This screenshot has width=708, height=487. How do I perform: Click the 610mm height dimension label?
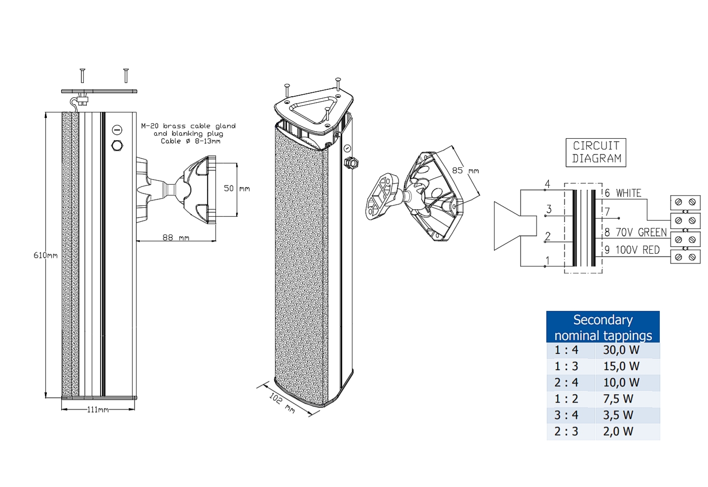point(45,255)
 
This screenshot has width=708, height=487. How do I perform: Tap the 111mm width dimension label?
point(98,410)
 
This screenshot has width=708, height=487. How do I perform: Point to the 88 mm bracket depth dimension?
point(176,237)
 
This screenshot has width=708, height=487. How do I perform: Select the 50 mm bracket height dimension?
point(237,188)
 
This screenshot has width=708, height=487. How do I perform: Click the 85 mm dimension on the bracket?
point(465,170)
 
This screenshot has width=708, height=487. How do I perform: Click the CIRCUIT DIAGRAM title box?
point(596,152)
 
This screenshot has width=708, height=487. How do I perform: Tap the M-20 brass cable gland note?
point(188,133)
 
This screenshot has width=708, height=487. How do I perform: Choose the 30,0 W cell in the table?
point(621,350)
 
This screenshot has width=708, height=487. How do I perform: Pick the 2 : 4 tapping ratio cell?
point(566,383)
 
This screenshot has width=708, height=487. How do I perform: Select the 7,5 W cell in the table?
point(618,399)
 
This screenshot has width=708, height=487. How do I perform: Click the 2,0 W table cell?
point(618,432)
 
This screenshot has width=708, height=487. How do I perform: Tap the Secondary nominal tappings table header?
point(602,327)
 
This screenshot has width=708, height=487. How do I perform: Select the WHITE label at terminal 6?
point(628,193)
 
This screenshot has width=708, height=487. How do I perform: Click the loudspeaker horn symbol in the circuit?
point(513,226)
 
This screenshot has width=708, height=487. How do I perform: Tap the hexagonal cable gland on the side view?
point(117,146)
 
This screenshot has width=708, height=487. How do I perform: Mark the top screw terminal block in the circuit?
point(685,202)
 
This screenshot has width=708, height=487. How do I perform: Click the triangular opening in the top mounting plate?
point(313,109)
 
